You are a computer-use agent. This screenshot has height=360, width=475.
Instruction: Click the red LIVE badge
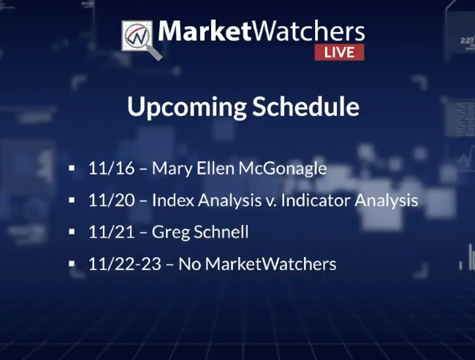(x=339, y=52)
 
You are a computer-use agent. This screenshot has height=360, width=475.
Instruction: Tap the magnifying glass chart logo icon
(x=142, y=39)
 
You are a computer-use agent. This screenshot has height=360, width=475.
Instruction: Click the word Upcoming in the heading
(x=187, y=107)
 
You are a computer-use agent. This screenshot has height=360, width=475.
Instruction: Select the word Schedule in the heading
(x=305, y=106)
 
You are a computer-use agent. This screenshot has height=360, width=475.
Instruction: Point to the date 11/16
(x=111, y=168)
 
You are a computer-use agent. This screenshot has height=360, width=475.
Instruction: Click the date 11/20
(x=112, y=200)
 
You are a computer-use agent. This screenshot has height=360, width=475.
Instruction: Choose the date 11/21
(x=111, y=232)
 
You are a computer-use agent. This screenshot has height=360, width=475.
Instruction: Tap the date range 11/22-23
(x=125, y=264)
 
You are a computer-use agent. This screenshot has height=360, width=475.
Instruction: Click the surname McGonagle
(x=283, y=169)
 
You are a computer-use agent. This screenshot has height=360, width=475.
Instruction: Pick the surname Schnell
(x=221, y=232)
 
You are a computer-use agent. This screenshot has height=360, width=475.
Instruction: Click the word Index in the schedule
(x=173, y=200)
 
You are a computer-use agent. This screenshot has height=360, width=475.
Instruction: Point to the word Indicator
(x=316, y=200)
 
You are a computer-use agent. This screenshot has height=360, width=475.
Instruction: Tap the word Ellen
(x=216, y=168)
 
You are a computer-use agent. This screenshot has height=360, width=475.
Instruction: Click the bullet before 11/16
(x=72, y=168)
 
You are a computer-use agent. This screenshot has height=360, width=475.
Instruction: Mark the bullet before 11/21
(x=72, y=232)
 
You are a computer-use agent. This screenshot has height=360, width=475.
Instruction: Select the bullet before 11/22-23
(x=72, y=264)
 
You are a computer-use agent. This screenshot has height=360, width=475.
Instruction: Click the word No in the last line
(x=190, y=264)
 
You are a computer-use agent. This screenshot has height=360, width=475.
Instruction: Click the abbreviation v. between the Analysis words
(x=271, y=202)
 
